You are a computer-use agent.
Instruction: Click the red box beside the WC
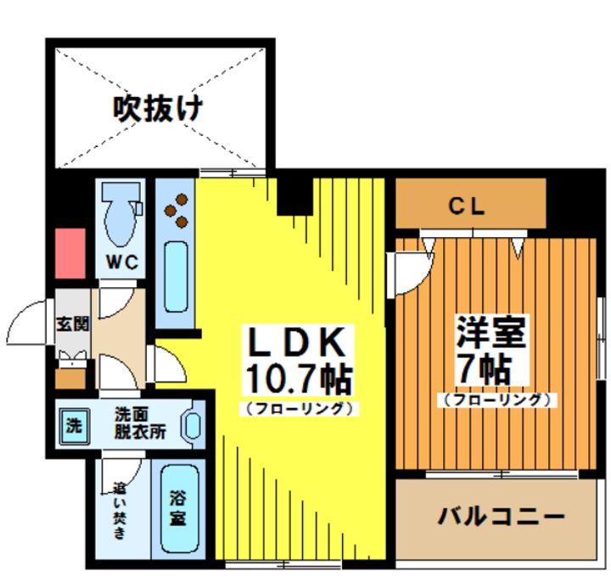(x=70, y=252)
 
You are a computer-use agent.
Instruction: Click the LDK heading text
(x=295, y=342)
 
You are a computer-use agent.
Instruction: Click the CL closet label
(x=467, y=206)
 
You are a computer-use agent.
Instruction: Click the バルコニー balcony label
(x=501, y=517)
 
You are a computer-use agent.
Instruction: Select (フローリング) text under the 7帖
(x=497, y=399)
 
